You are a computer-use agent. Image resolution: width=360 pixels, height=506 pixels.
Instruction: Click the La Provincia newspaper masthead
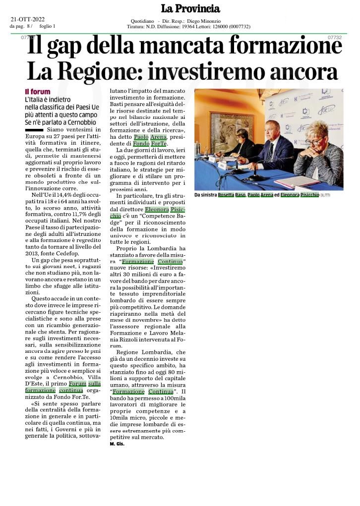pyautogui.click(x=190, y=9)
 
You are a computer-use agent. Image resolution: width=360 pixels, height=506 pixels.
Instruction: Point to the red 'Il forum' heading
pyautogui.click(x=38, y=92)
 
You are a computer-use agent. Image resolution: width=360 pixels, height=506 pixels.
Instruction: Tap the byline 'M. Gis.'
pyautogui.click(x=117, y=444)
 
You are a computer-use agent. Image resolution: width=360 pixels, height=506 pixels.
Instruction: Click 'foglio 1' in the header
pyautogui.click(x=47, y=26)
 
